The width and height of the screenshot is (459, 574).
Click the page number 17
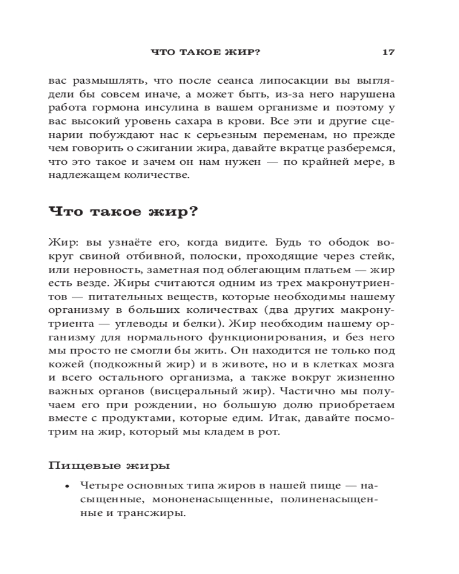click(x=388, y=52)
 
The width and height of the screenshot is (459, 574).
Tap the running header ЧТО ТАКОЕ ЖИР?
click(x=205, y=52)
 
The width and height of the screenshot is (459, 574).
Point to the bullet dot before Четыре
click(x=67, y=486)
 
